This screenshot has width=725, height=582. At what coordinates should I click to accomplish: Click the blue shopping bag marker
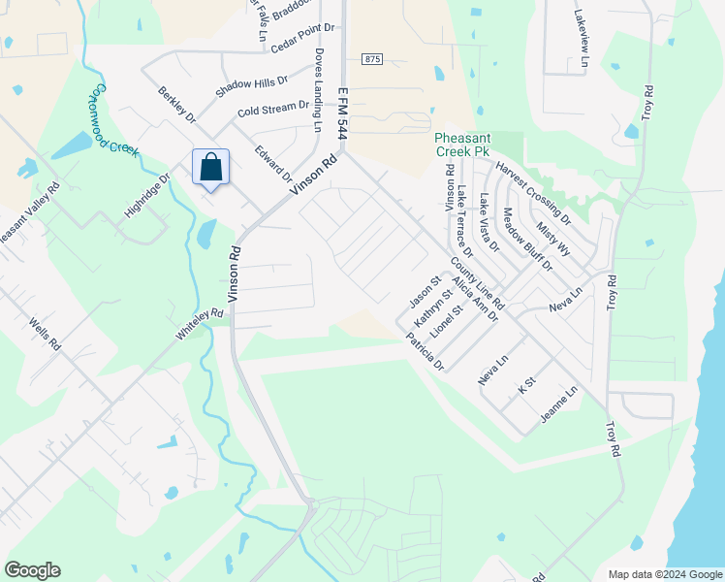(x=210, y=168)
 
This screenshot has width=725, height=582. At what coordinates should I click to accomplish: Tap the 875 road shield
(x=373, y=59)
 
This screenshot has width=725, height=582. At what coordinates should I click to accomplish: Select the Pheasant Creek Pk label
(x=462, y=145)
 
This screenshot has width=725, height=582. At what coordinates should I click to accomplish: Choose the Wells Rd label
(x=46, y=333)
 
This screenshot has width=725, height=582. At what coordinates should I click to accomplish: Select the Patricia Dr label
(x=425, y=354)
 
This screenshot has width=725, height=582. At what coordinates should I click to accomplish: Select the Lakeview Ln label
(x=581, y=39)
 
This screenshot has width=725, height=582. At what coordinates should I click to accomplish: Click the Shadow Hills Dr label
(x=252, y=86)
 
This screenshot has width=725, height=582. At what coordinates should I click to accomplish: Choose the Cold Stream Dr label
(x=272, y=109)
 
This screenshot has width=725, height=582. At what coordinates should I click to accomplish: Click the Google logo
(x=32, y=570)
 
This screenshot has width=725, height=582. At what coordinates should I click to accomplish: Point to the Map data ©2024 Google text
(x=664, y=573)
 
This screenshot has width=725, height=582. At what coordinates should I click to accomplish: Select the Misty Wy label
(x=554, y=237)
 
